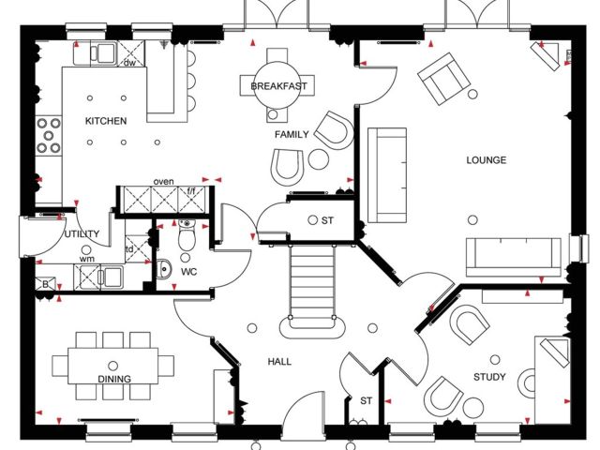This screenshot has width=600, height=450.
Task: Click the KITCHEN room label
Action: [106, 121]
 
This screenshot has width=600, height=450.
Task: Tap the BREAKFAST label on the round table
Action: [278, 86]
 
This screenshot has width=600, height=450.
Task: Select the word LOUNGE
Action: [486, 160]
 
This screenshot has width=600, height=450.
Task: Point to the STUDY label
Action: [489, 377]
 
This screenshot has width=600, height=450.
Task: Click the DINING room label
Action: [114, 379]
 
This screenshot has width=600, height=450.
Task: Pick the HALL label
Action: [279, 362]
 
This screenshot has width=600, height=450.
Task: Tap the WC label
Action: [189, 272]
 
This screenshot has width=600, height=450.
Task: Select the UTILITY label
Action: [82, 233]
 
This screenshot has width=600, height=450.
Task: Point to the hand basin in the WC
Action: [164, 269]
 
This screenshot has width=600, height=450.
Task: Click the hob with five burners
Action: [49, 135]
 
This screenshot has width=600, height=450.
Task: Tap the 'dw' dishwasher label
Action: [129, 63]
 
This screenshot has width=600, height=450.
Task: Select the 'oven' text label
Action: [163, 181]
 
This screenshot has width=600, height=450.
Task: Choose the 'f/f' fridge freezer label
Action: [191, 189]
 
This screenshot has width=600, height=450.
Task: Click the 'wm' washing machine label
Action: [87, 259]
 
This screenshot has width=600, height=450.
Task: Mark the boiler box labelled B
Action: [45, 284]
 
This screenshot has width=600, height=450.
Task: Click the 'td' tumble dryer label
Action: [129, 249]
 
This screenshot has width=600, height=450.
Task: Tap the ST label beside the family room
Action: [327, 220]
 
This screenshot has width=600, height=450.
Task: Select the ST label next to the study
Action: [367, 400]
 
